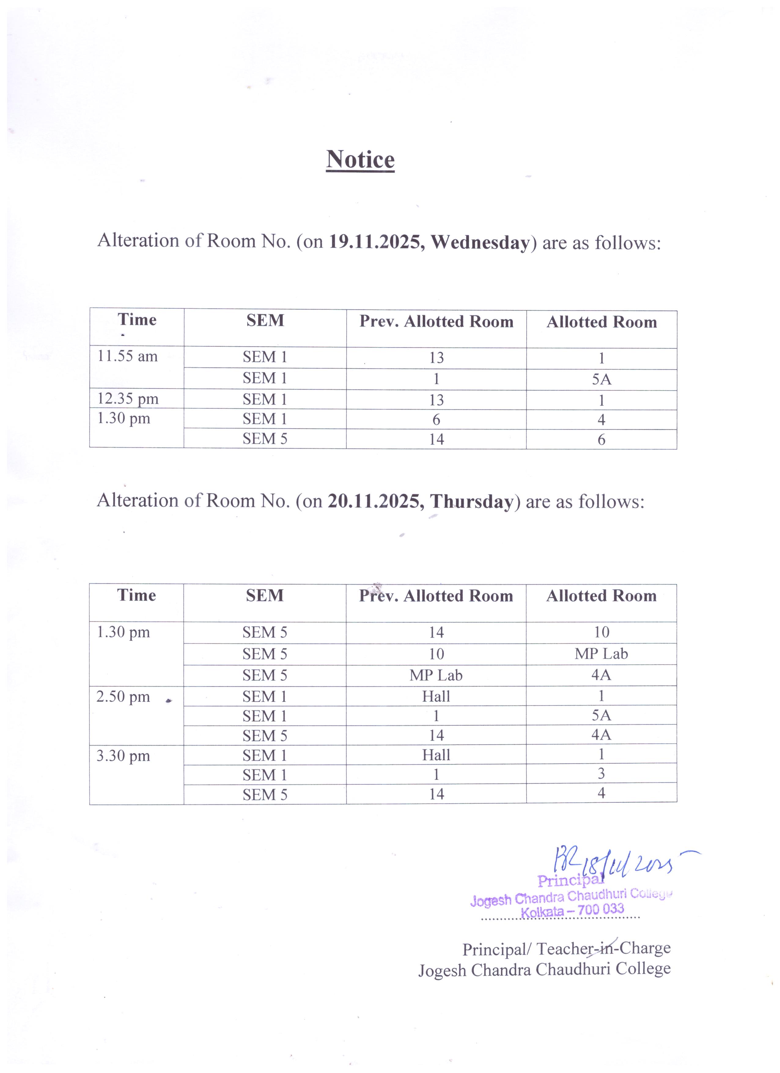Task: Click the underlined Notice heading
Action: click(360, 160)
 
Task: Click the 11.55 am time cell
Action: click(127, 356)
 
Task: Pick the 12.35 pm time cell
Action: click(128, 399)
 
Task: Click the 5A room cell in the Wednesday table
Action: click(601, 379)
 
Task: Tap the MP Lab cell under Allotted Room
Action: click(601, 654)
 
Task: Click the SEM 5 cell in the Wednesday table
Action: click(265, 439)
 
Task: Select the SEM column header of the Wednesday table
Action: click(265, 321)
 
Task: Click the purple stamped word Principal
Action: click(570, 880)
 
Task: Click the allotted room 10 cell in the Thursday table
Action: click(601, 632)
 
